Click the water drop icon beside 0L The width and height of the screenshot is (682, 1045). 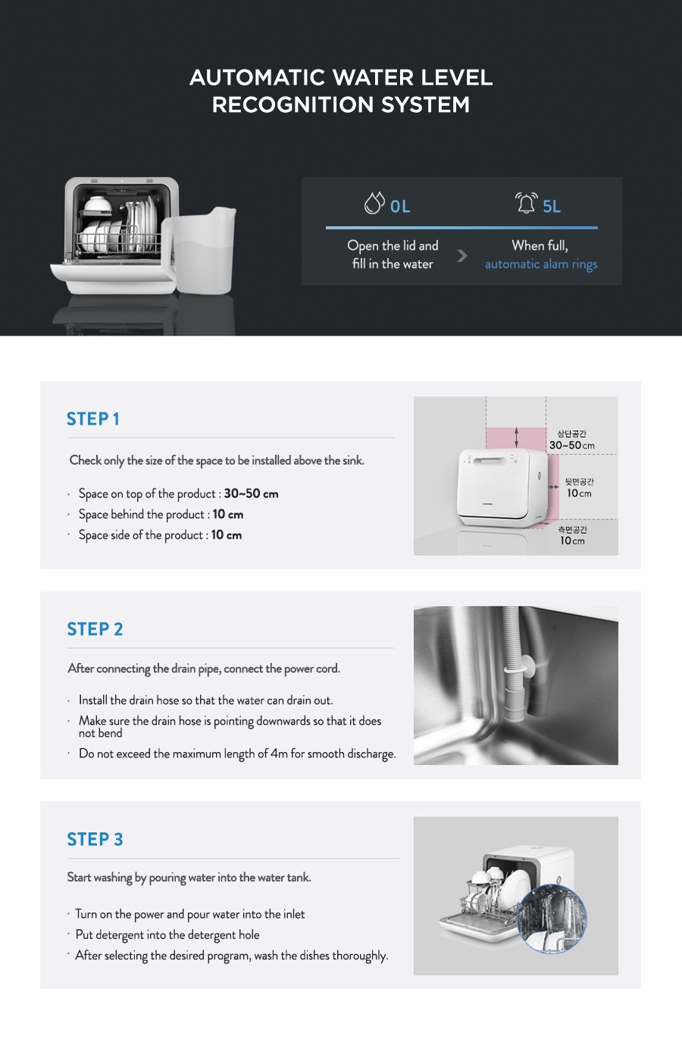pos(374,203)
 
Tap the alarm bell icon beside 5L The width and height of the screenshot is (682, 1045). pos(526,203)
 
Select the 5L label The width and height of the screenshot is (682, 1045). pos(552,206)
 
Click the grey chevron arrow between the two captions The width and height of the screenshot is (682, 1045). pos(462,256)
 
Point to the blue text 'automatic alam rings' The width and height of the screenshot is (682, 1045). pos(541,264)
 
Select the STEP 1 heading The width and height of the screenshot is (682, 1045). pos(92,419)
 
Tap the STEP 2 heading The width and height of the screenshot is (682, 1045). pos(95,629)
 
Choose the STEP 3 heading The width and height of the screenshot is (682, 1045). pos(95,839)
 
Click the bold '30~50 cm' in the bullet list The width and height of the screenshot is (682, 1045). pos(251,494)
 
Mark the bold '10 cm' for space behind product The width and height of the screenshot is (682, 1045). pos(227,514)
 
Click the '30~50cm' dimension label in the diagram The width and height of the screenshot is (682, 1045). pos(571,445)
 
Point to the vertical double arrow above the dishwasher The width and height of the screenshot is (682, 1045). pos(516,438)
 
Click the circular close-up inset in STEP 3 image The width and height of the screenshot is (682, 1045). pos(552,919)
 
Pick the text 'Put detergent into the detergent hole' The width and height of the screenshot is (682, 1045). pos(167,934)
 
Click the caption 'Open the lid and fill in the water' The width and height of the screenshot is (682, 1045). pos(393,254)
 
